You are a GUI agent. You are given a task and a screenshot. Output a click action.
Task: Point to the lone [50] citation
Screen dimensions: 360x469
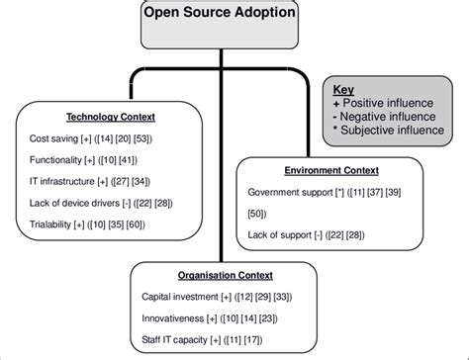[x=255, y=216]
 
